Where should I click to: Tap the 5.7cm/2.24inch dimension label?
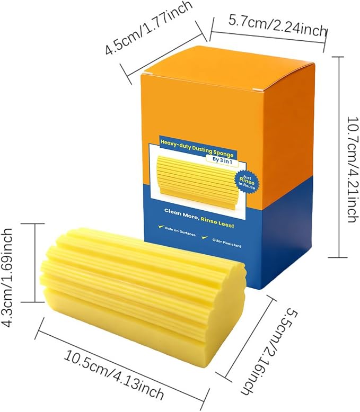coord(277,26)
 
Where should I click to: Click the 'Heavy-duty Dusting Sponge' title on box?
coord(197,148)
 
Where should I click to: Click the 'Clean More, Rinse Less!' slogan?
coord(199,218)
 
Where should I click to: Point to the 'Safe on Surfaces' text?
coord(180,231)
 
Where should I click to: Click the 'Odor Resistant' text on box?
coord(226,243)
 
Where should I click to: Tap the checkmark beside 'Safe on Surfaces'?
coord(160,227)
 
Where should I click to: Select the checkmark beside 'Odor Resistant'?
coord(205,237)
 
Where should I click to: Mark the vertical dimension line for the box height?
coord(339,157)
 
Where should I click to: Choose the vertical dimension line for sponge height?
coord(35,263)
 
